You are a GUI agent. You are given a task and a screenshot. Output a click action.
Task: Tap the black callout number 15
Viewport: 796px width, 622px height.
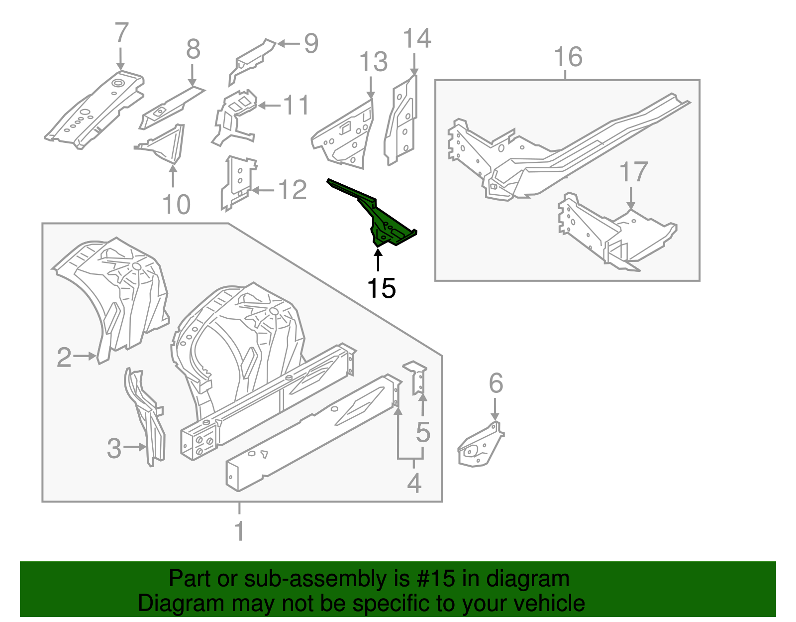point(381,288)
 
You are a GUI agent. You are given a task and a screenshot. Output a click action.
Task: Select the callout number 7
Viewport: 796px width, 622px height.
point(121,33)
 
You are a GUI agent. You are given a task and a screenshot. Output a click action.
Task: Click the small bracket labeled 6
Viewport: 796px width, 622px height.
point(480,447)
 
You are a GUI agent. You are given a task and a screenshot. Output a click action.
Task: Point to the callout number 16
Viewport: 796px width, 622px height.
point(568,57)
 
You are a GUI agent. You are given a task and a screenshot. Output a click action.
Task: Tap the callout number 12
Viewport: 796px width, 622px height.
point(293,190)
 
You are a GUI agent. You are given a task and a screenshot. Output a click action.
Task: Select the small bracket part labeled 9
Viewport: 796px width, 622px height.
point(251,60)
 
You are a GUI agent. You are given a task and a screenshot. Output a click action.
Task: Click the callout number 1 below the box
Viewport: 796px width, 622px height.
point(239,531)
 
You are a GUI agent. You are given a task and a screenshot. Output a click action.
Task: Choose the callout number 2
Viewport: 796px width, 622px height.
point(64,357)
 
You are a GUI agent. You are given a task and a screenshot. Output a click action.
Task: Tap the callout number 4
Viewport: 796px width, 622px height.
point(414,483)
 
